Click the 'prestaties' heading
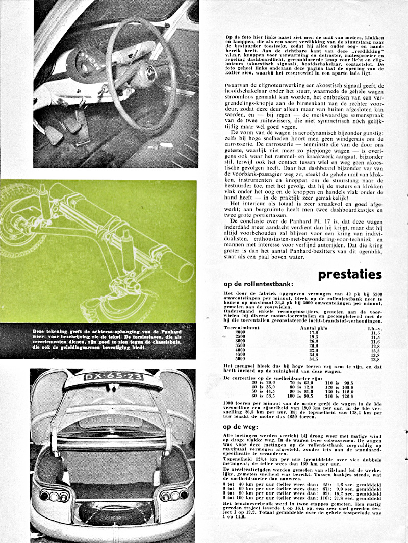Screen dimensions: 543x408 (349, 274)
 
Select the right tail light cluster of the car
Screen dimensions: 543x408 (171, 496)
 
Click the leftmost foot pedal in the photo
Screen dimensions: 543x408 (53, 134)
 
